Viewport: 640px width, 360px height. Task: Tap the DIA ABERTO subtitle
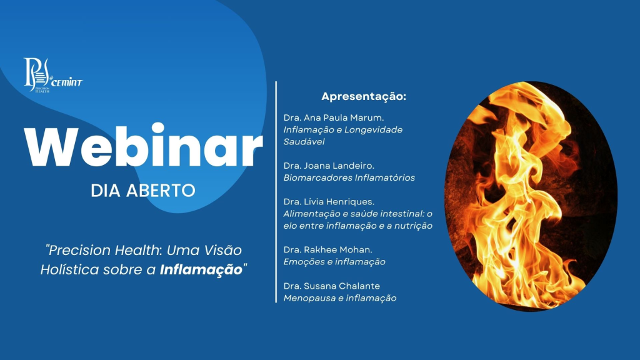pos(143,191)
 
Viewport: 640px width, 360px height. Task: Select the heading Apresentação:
pos(364,97)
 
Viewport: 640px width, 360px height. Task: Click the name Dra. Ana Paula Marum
pos(334,117)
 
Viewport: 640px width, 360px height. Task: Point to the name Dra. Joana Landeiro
pos(329,166)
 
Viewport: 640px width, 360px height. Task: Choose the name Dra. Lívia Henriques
pos(329,202)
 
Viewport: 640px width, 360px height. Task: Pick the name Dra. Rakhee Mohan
pos(327,249)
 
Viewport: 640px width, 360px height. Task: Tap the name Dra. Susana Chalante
pos(331,286)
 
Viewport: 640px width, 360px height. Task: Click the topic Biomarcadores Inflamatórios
pos(349,178)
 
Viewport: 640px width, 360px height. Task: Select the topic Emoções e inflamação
pos(334,262)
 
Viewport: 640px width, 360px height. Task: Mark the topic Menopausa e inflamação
pos(339,298)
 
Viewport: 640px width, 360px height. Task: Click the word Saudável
pos(304,142)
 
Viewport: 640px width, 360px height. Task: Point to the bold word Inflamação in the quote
pos(201,270)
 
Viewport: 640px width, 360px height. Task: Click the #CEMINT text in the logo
pos(66,81)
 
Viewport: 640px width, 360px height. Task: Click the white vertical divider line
pos(276,192)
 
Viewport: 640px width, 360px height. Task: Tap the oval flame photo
pos(531,196)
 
